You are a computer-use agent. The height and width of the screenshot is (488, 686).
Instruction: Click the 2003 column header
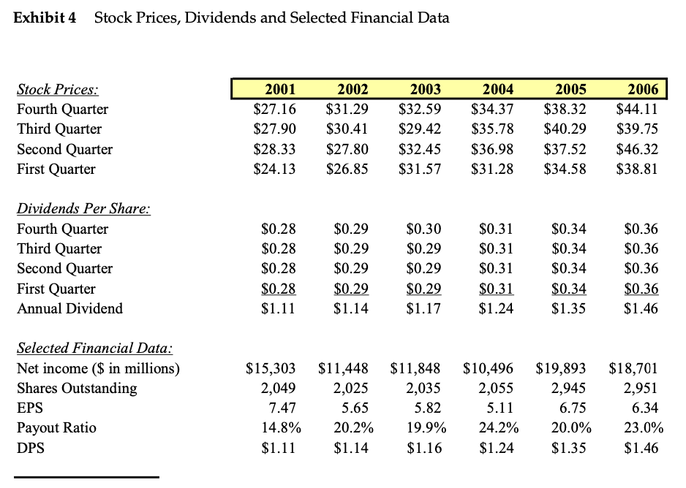tap(425, 90)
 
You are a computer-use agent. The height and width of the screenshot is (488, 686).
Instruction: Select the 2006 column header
tap(643, 90)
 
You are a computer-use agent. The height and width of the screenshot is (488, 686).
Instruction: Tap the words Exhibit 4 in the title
tap(45, 18)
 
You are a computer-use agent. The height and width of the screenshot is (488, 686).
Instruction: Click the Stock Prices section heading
tap(57, 90)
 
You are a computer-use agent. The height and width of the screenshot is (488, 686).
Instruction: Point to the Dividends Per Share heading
tap(83, 209)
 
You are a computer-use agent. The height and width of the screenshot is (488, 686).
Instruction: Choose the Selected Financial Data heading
tap(94, 348)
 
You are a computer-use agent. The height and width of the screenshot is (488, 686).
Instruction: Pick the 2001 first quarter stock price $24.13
tap(274, 169)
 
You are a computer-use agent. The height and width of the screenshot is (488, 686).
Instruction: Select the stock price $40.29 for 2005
tap(565, 129)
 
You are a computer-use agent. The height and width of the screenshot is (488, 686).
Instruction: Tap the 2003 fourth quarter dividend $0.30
tap(423, 229)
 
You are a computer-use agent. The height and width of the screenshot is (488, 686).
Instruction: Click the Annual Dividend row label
tap(69, 308)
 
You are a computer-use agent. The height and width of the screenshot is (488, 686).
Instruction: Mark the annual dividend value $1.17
tap(423, 308)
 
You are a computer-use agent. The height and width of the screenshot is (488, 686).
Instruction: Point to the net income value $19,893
tap(560, 368)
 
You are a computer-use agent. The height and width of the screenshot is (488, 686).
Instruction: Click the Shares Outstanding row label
tap(76, 388)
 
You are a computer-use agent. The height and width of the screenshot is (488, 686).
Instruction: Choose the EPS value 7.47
tap(281, 408)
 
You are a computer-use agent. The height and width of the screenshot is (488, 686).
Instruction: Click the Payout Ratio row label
tap(56, 427)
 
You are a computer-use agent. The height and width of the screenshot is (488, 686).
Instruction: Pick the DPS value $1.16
tap(423, 447)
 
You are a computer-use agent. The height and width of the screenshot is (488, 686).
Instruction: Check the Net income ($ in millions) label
tap(97, 368)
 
